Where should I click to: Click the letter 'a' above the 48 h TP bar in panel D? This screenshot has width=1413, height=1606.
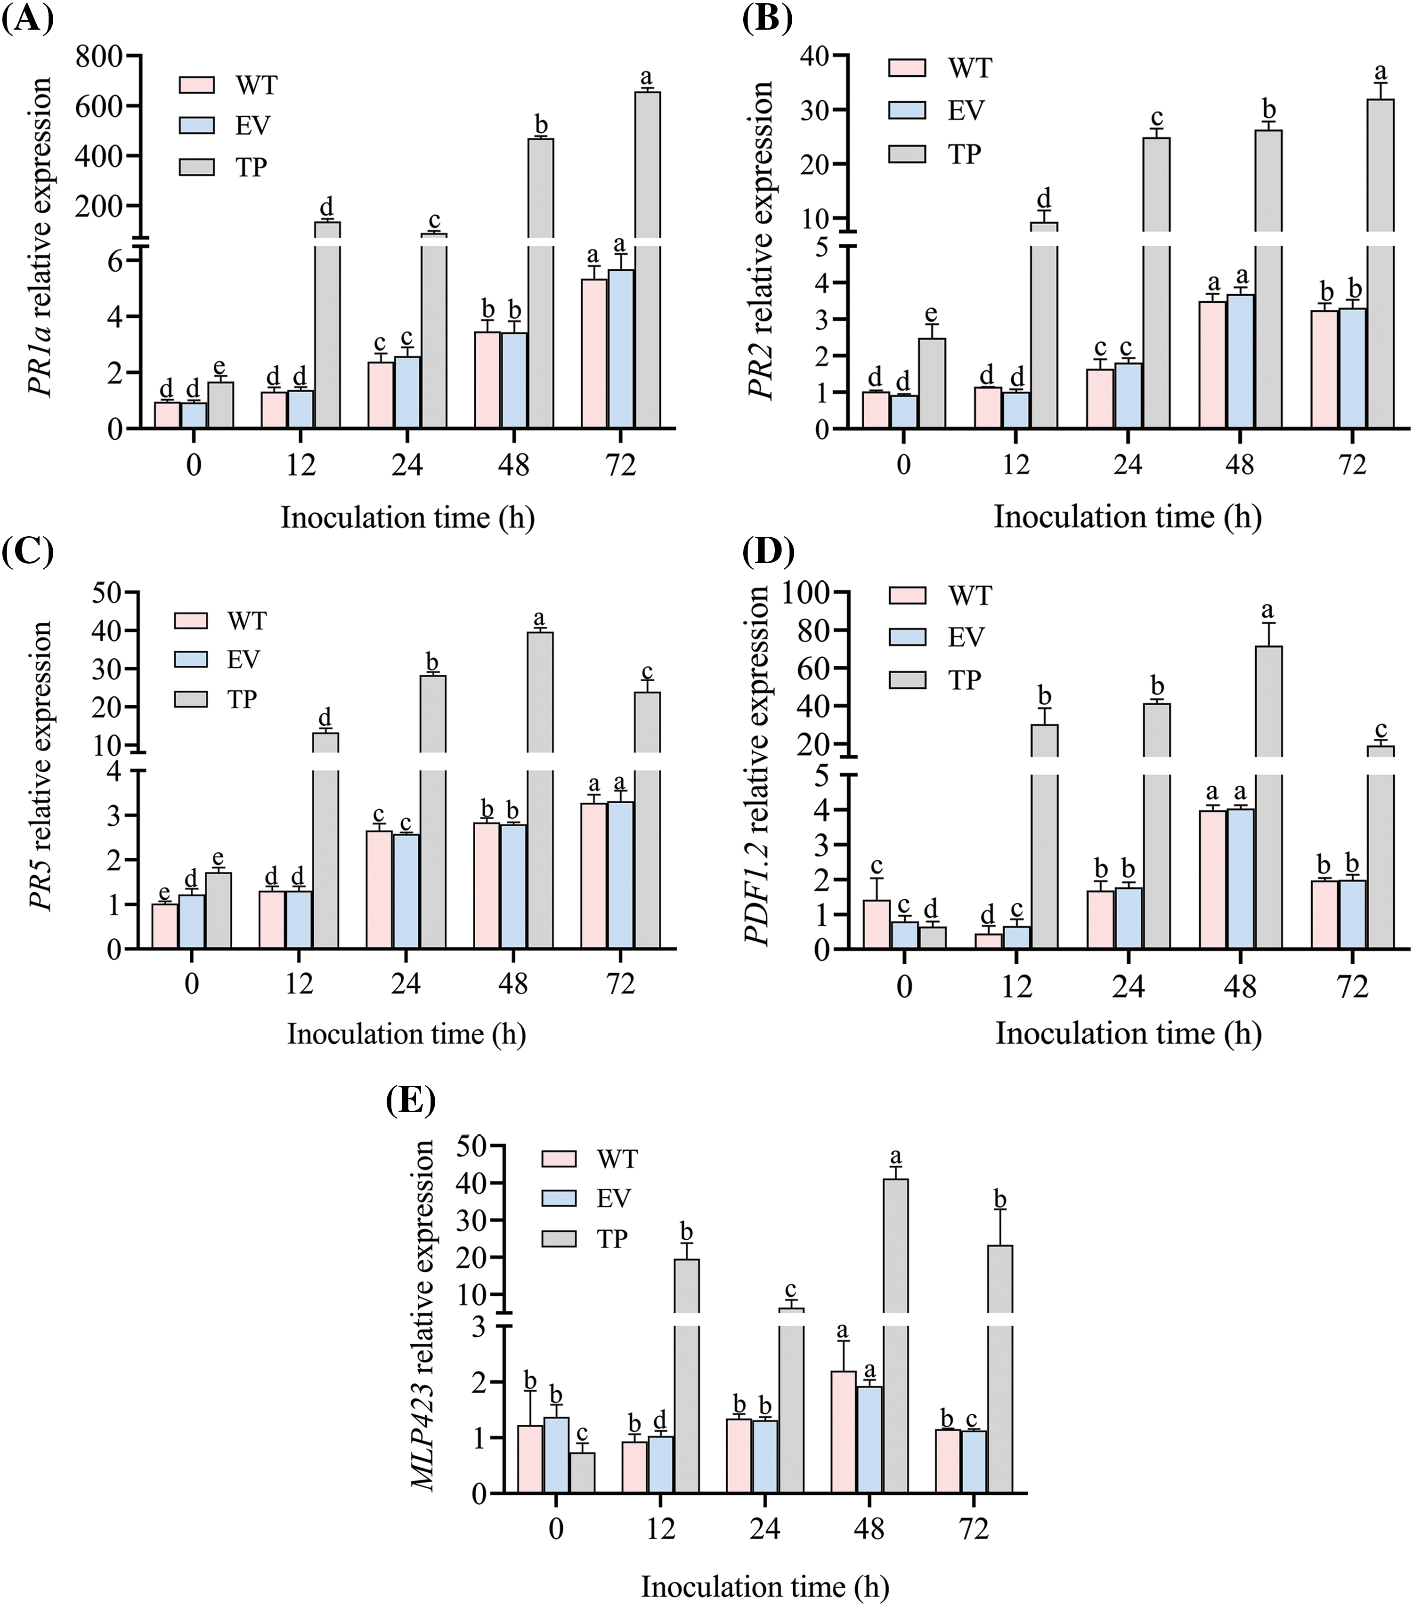(x=1267, y=611)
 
